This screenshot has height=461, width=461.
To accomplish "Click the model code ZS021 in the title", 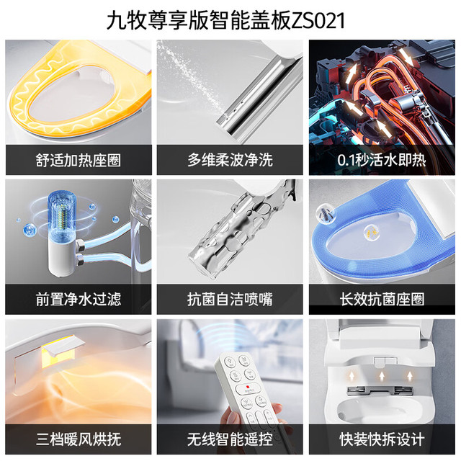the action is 318,21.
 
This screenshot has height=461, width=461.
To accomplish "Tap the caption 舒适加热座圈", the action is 79,161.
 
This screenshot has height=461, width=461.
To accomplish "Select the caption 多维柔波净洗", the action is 230,161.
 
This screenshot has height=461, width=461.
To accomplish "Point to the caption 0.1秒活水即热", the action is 382,161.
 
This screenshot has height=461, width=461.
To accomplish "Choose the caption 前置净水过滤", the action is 79,300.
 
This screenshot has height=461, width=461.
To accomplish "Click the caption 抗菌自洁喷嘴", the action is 230,300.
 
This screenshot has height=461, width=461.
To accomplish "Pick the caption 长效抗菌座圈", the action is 382,300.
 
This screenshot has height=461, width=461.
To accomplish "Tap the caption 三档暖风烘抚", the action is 79,439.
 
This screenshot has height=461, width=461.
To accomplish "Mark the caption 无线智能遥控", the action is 230,439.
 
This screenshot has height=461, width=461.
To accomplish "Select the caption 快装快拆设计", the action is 382,439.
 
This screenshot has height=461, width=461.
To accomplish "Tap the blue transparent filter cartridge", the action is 62,215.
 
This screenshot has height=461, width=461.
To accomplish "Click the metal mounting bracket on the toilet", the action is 380,390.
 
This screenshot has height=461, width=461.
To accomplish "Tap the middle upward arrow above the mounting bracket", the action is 382,376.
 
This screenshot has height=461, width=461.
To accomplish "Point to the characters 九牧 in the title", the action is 127,21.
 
